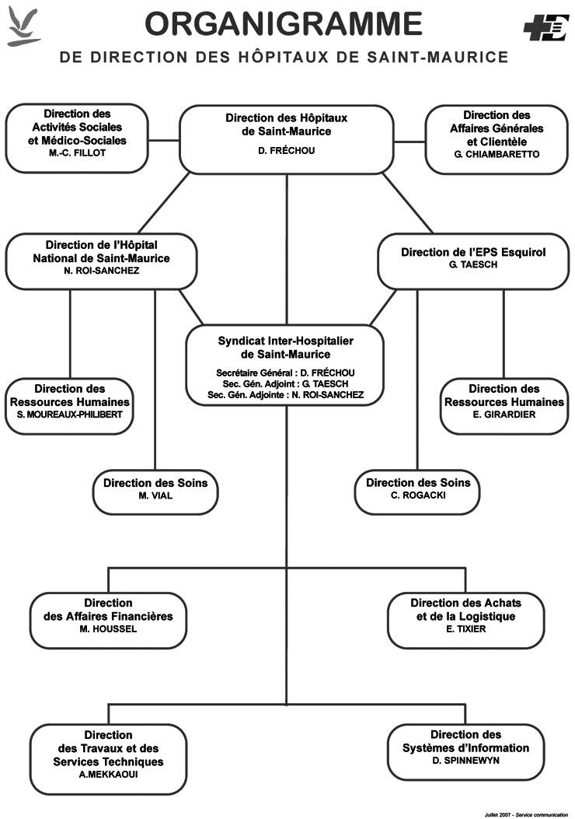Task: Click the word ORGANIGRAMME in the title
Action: click(x=284, y=23)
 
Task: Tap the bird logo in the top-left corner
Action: click(x=23, y=27)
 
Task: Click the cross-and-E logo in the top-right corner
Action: click(x=545, y=28)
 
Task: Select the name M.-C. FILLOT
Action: click(x=77, y=153)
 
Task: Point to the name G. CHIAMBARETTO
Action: click(x=497, y=155)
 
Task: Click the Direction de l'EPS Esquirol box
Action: click(x=473, y=261)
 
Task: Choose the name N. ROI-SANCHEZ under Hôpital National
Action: click(x=101, y=271)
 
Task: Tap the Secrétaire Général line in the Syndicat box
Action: click(x=285, y=373)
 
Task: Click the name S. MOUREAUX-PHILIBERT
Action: click(x=69, y=415)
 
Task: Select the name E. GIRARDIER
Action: click(x=504, y=415)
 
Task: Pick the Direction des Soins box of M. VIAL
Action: click(x=155, y=492)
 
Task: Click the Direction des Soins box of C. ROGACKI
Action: click(x=417, y=492)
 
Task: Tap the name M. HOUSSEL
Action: click(x=108, y=629)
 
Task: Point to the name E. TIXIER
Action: click(x=466, y=629)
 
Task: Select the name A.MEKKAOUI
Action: click(x=109, y=775)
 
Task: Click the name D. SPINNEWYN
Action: click(x=466, y=761)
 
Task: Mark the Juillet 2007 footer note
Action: click(x=526, y=815)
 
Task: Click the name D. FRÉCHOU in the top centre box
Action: click(x=287, y=151)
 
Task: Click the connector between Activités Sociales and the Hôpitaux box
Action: click(x=164, y=140)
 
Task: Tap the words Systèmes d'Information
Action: click(x=466, y=748)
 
